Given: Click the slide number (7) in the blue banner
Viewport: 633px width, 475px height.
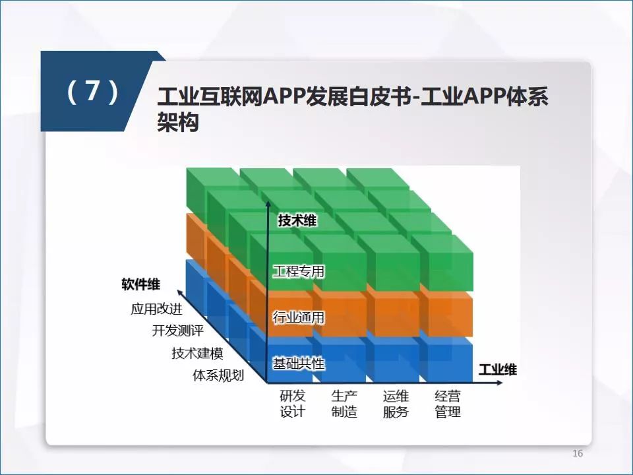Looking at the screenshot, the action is (x=92, y=91).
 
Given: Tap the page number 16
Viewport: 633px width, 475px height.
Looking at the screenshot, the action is (x=578, y=453).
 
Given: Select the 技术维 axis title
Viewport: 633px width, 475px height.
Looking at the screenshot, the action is (x=297, y=220).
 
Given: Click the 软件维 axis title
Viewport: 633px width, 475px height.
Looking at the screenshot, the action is (x=140, y=284).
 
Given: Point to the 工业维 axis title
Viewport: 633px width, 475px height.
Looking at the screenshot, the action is (x=497, y=369).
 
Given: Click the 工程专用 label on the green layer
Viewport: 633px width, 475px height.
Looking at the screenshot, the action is (x=299, y=271).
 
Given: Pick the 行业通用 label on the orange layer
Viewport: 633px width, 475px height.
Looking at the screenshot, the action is (x=299, y=317).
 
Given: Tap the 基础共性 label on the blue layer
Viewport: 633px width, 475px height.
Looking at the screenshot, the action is (x=299, y=364).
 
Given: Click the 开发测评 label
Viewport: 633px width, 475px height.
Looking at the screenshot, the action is (x=177, y=331).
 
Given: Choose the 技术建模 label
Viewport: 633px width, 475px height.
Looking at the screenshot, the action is (x=197, y=353).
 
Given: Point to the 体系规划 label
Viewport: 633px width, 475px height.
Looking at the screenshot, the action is (x=218, y=375).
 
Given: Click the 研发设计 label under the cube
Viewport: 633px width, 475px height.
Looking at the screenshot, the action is (x=293, y=404).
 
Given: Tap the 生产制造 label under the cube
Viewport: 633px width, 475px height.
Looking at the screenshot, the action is (x=344, y=404).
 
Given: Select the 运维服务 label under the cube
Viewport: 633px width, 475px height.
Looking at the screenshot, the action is (x=396, y=404).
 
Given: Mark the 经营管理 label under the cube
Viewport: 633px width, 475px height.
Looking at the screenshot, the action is (x=448, y=404).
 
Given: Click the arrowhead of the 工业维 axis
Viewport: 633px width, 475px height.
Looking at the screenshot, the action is (x=499, y=383).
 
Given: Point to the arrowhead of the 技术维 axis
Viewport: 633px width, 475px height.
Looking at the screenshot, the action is (x=268, y=203).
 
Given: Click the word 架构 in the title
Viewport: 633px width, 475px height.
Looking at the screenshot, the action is (x=178, y=121).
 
